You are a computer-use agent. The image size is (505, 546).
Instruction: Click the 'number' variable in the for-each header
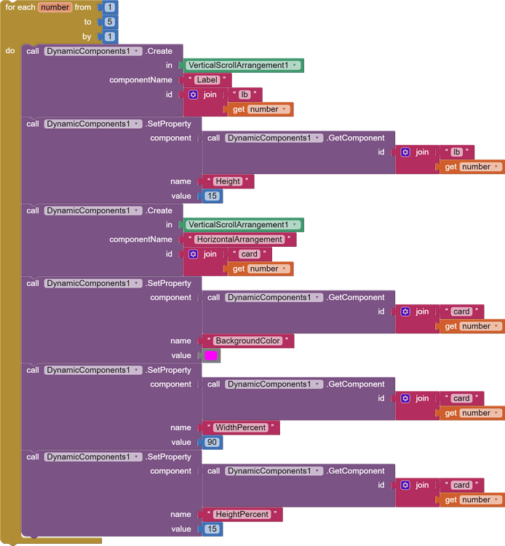coord(55,7)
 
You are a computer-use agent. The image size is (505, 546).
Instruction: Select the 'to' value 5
coord(110,22)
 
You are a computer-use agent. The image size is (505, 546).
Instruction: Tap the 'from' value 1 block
coord(110,7)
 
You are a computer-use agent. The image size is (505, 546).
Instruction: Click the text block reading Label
coord(207,80)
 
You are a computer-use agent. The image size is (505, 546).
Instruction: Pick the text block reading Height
coord(228,181)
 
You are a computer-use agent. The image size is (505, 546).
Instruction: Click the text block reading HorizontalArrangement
coord(239,240)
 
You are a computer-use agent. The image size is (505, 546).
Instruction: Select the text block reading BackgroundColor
coord(248,341)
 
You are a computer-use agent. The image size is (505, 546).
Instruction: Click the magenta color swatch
coord(211,355)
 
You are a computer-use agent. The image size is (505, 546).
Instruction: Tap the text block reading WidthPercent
coord(240,427)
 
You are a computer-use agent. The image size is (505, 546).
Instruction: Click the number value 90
coord(212,442)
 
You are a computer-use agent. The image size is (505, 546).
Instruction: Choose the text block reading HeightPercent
coord(242,514)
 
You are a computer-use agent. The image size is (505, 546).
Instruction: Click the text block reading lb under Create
coord(244,95)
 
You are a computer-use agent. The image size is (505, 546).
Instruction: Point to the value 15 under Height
coord(212,196)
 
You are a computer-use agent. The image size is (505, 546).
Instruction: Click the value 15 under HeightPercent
coord(212,529)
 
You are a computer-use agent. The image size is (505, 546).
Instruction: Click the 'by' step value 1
coord(110,36)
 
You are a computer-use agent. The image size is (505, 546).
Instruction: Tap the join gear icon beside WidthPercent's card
coord(405,398)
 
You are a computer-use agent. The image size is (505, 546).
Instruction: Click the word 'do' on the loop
coord(10,51)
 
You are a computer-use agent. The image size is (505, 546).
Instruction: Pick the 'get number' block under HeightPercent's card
coord(472,499)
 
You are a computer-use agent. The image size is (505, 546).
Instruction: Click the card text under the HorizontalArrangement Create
coord(249,254)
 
